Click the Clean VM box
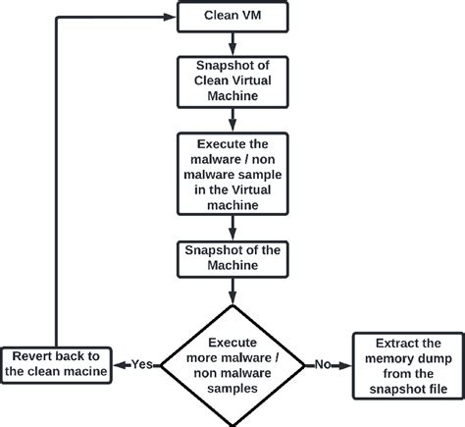[232, 17]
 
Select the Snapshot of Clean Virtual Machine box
[232, 80]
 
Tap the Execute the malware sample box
[232, 174]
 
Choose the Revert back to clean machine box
[56, 362]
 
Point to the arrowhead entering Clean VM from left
[171, 17]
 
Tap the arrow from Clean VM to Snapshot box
[232, 43]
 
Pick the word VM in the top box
[252, 17]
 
